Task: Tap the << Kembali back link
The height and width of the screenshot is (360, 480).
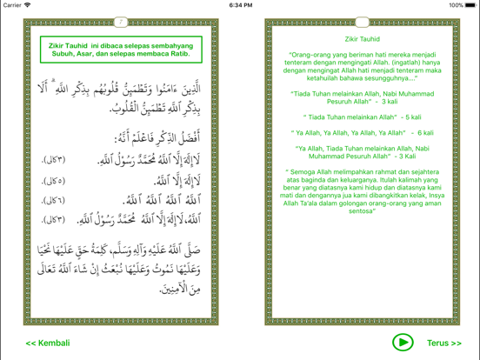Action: pyautogui.click(x=48, y=343)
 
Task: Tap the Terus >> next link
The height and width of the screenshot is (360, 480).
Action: pyautogui.click(x=444, y=343)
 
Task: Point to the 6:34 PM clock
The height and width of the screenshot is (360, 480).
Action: pyautogui.click(x=240, y=5)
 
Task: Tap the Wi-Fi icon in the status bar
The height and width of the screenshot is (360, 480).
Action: pyautogui.click(x=29, y=5)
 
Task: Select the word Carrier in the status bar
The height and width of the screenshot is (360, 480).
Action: pyautogui.click(x=12, y=5)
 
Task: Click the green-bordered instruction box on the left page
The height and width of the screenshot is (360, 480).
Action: pyautogui.click(x=119, y=49)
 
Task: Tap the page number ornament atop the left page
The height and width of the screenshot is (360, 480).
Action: pyautogui.click(x=121, y=22)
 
